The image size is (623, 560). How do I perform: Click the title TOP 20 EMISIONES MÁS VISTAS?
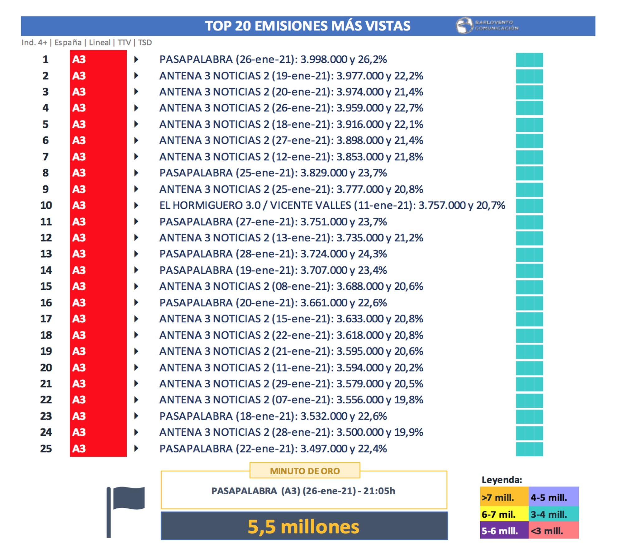pos(307,26)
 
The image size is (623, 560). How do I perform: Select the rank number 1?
pos(45,59)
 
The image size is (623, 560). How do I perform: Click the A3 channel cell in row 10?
pos(98,205)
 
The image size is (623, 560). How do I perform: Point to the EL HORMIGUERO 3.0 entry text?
pos(332,205)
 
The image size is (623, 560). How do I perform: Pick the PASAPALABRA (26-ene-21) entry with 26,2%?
pos(273,59)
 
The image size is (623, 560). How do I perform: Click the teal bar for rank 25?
pos(529,449)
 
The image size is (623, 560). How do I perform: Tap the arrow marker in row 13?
pos(136,254)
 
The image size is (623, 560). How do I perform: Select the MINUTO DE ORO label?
pos(305,471)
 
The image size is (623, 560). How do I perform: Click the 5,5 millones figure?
pos(304,527)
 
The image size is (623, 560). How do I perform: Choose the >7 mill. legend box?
pos(504,497)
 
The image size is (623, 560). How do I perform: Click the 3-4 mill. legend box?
pos(553,514)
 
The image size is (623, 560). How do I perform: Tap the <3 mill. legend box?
pos(553,531)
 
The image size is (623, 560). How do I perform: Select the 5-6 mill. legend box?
pos(504,531)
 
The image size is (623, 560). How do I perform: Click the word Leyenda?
pos(502,480)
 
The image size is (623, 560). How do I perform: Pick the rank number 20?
pos(46,368)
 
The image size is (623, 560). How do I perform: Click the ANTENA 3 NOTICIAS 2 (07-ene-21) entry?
pos(291,400)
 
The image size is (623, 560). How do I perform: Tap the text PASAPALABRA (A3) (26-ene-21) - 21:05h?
pos(303,491)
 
